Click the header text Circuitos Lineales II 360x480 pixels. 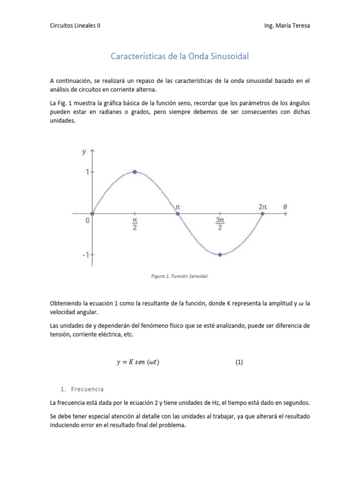pyautogui.click(x=75, y=26)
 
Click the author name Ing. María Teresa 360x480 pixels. pyautogui.click(x=287, y=26)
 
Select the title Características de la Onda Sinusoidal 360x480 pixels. pyautogui.click(x=180, y=57)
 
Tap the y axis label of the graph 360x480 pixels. pyautogui.click(x=84, y=151)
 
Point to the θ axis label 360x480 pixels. pyautogui.click(x=285, y=206)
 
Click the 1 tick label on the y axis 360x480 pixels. pyautogui.click(x=87, y=172)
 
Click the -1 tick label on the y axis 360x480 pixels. pyautogui.click(x=85, y=255)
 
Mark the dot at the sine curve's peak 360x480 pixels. pyautogui.click(x=135, y=172)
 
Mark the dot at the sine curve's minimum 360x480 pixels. pyautogui.click(x=220, y=255)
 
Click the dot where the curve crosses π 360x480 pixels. pyautogui.click(x=177, y=214)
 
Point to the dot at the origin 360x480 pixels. pyautogui.click(x=92, y=214)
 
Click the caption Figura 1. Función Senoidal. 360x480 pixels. pyautogui.click(x=180, y=277)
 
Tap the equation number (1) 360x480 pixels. pyautogui.click(x=239, y=362)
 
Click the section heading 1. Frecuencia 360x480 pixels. pyautogui.click(x=82, y=389)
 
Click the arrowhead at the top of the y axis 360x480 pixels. pyautogui.click(x=92, y=151)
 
